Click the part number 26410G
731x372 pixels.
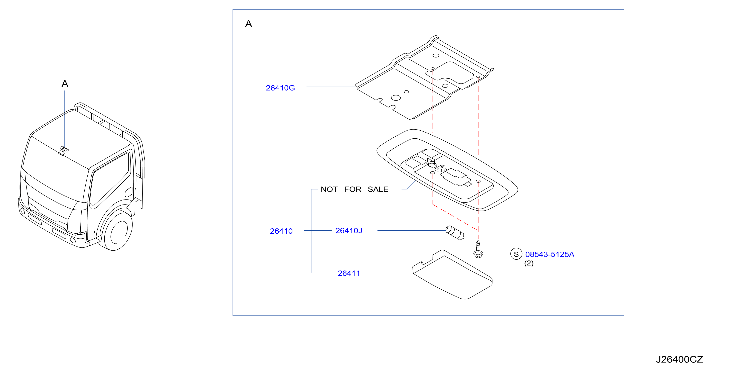(280, 88)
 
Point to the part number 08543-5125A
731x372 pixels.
(550, 254)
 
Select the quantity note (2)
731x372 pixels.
(529, 263)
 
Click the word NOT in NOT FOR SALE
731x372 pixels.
(329, 189)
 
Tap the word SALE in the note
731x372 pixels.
(378, 189)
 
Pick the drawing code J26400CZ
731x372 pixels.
(679, 359)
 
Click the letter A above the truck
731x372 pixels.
(65, 83)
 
